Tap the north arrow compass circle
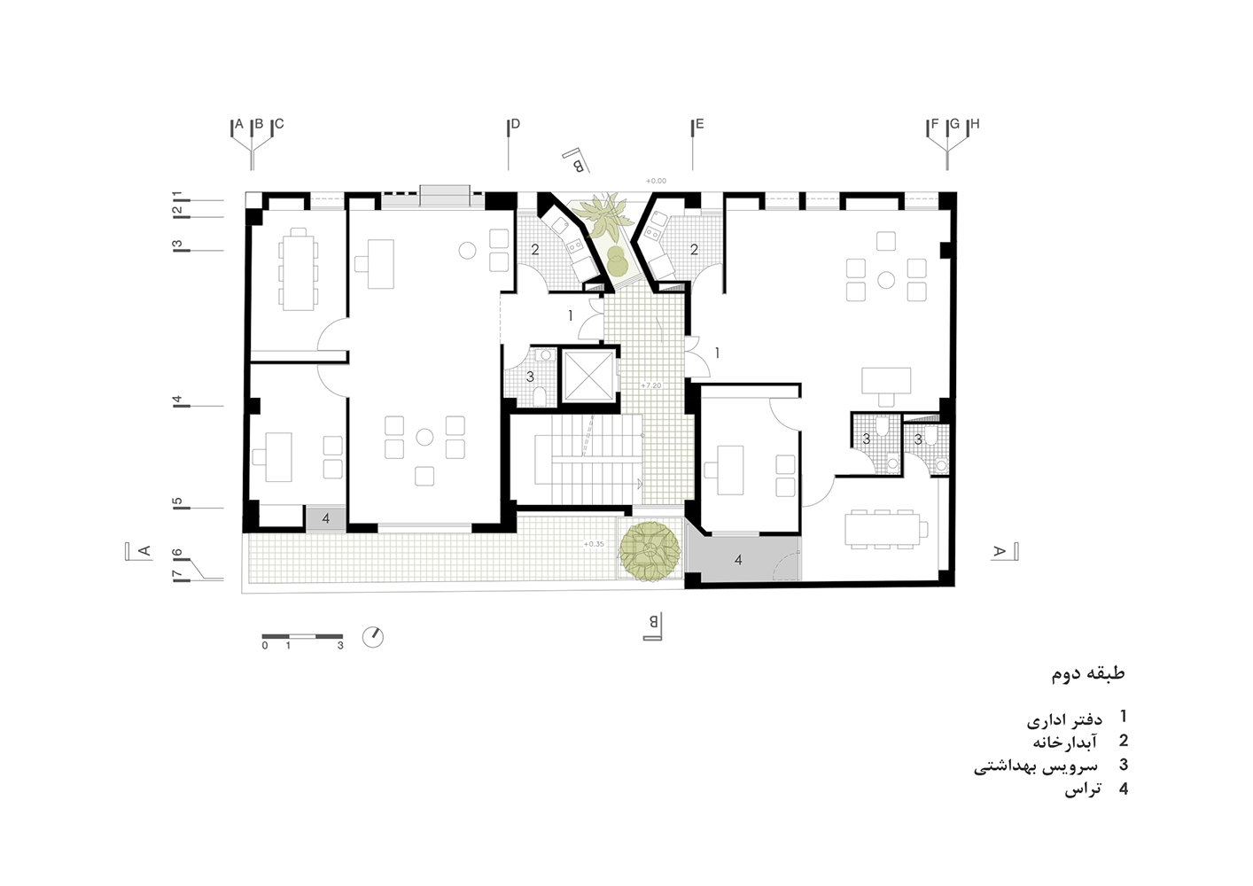(x=372, y=637)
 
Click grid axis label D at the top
(x=516, y=124)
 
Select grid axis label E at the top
(x=699, y=124)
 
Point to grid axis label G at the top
(x=955, y=124)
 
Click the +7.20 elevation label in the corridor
(x=651, y=385)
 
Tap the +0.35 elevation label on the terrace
(x=594, y=544)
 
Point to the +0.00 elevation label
(x=656, y=181)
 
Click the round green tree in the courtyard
(x=650, y=551)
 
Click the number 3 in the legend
(x=1124, y=765)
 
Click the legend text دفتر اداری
(x=1064, y=719)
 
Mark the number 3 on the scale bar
(x=340, y=646)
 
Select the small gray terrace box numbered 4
(x=325, y=518)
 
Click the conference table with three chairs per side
(x=883, y=529)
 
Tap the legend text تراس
(x=1083, y=789)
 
